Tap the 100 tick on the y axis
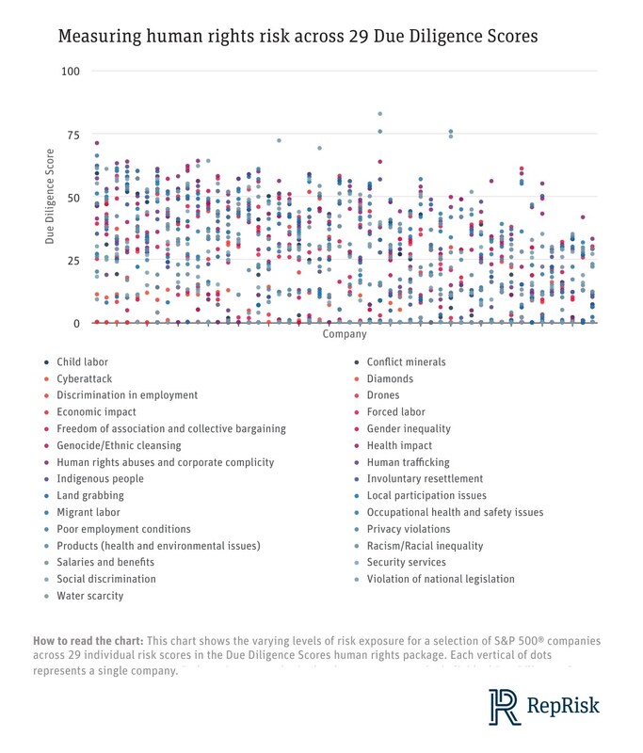[72, 72]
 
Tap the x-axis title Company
[344, 334]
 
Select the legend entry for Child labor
[83, 362]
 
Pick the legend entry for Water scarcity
[91, 596]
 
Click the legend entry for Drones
[383, 396]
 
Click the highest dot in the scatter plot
[380, 114]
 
